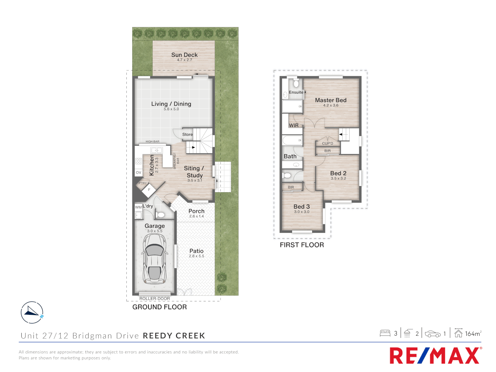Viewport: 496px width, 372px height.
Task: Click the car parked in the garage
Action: pos(155,259)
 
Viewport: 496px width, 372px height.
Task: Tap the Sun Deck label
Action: pos(184,55)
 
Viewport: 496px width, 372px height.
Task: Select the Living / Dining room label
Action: pos(171,104)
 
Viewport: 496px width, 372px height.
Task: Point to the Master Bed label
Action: pos(331,100)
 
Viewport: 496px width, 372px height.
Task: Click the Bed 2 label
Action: pos(338,173)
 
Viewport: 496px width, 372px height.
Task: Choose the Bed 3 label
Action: pos(301,207)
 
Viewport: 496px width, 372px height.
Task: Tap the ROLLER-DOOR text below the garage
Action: pos(155,299)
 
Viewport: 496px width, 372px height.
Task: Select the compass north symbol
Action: pos(32,312)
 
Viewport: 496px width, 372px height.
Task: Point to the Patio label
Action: pos(196,251)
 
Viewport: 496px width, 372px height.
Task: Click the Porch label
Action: pos(196,211)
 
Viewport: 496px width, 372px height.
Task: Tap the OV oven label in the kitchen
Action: pos(138,173)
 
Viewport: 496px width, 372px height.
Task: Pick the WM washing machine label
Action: pos(138,207)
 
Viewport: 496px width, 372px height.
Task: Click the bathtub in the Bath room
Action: pos(292,140)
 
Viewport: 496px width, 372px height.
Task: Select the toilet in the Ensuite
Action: pos(296,84)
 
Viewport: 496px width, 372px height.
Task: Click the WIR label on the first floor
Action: pos(294,125)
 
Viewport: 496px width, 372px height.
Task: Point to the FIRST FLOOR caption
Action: pos(302,245)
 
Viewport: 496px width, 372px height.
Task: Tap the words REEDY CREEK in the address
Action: pos(174,336)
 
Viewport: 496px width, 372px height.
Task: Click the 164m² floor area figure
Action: pos(473,333)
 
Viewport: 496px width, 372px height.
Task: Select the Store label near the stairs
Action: pos(187,134)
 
